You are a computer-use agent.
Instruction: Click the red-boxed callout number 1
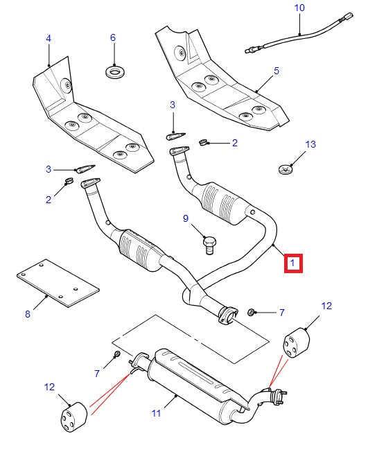292,263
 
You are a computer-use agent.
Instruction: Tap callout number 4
49,38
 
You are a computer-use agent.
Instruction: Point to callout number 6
113,38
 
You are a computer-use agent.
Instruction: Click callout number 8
28,314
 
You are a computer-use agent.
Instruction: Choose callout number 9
186,218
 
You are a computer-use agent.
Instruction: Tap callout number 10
299,8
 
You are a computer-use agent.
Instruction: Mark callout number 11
156,413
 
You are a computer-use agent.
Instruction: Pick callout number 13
310,144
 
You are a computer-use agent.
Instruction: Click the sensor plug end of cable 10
252,49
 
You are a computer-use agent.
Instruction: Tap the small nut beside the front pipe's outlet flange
253,313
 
